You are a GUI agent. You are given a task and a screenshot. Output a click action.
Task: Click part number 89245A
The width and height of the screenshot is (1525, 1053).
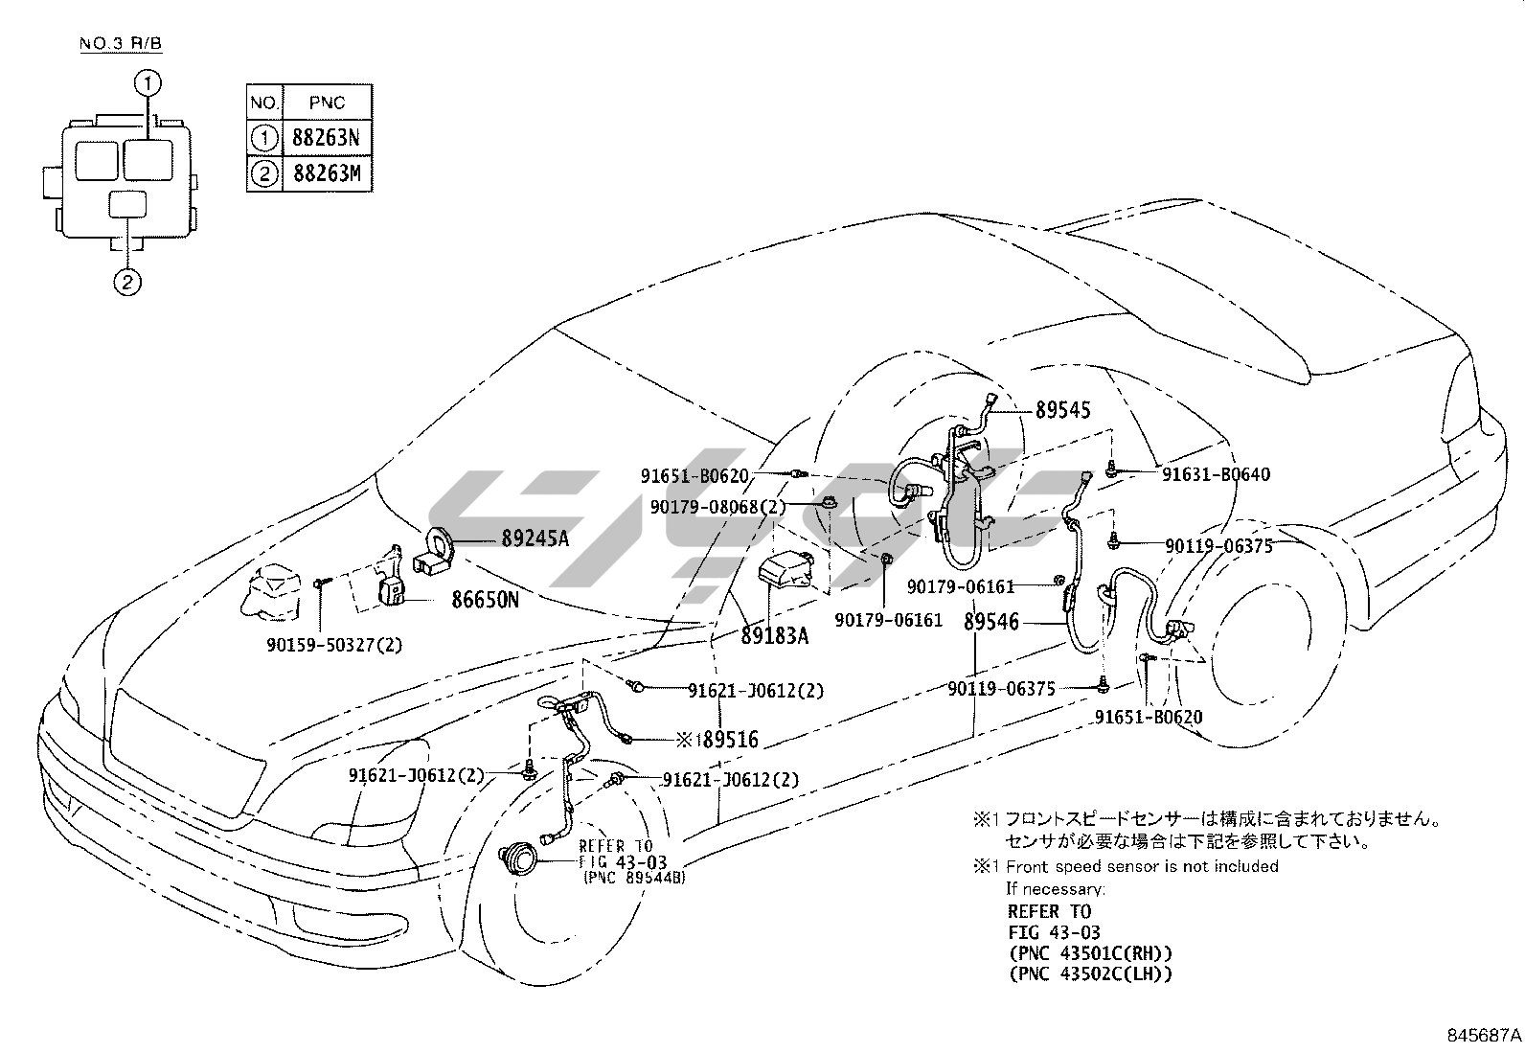click(x=535, y=538)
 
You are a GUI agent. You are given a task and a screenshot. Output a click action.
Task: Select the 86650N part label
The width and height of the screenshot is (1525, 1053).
click(x=485, y=600)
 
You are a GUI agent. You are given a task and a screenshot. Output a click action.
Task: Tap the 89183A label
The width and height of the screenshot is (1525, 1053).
click(x=774, y=634)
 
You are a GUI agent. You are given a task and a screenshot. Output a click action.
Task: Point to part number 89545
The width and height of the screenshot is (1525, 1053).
click(x=1062, y=410)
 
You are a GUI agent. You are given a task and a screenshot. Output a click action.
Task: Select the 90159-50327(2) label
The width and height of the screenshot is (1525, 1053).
click(x=334, y=645)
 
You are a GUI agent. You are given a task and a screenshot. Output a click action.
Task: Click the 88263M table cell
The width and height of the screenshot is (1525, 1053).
click(x=326, y=174)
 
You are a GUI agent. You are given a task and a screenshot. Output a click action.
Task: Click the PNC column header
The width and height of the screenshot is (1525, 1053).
click(x=326, y=103)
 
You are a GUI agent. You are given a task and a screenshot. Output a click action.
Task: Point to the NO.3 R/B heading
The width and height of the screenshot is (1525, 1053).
click(x=122, y=45)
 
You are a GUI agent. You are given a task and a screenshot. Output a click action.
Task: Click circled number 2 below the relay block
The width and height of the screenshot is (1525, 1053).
click(x=127, y=282)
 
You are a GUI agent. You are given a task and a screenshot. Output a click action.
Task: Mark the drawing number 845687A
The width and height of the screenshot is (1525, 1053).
click(x=1483, y=1035)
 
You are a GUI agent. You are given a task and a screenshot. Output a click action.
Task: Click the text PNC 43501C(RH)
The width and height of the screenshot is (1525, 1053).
click(x=1089, y=953)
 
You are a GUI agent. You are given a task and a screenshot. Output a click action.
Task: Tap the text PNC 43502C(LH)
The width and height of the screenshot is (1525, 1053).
click(x=1089, y=974)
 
